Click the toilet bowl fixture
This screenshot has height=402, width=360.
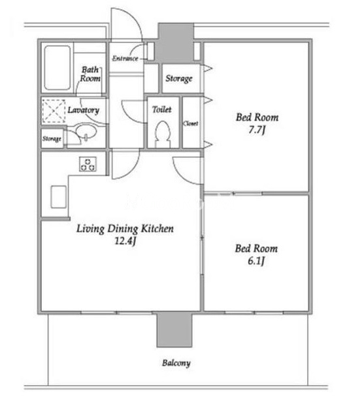(x=163, y=134)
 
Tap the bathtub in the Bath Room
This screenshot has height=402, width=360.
(x=57, y=68)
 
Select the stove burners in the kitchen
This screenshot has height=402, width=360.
(x=88, y=164)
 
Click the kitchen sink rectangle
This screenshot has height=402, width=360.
(x=59, y=196)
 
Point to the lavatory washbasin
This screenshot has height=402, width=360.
(x=86, y=132)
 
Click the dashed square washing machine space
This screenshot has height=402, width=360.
(x=54, y=111)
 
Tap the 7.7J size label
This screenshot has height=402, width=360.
(x=257, y=130)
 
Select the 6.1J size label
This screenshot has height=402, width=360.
(x=256, y=261)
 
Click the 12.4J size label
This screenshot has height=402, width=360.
(x=125, y=241)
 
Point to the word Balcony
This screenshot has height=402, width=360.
(x=176, y=363)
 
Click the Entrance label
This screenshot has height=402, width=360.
(x=125, y=59)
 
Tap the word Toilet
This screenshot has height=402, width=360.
(x=162, y=110)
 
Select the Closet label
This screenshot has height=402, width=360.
(x=190, y=123)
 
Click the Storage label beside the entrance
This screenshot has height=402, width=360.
(x=179, y=78)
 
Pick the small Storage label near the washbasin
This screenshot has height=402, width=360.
(x=52, y=139)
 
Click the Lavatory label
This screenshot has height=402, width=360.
(x=84, y=110)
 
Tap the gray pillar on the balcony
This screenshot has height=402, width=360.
(x=174, y=330)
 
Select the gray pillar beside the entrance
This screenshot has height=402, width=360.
(x=176, y=43)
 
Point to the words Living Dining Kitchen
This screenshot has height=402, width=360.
(x=125, y=228)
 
